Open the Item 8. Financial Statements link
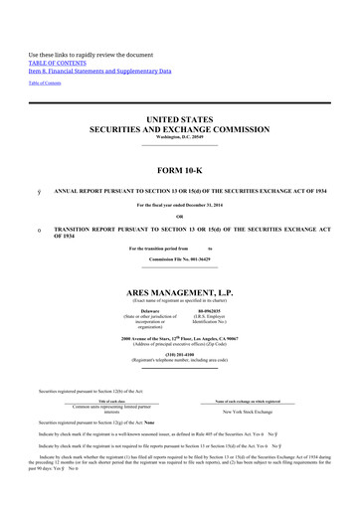(98, 72)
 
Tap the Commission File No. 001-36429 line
(179, 258)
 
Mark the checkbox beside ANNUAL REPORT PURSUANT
(38, 189)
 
